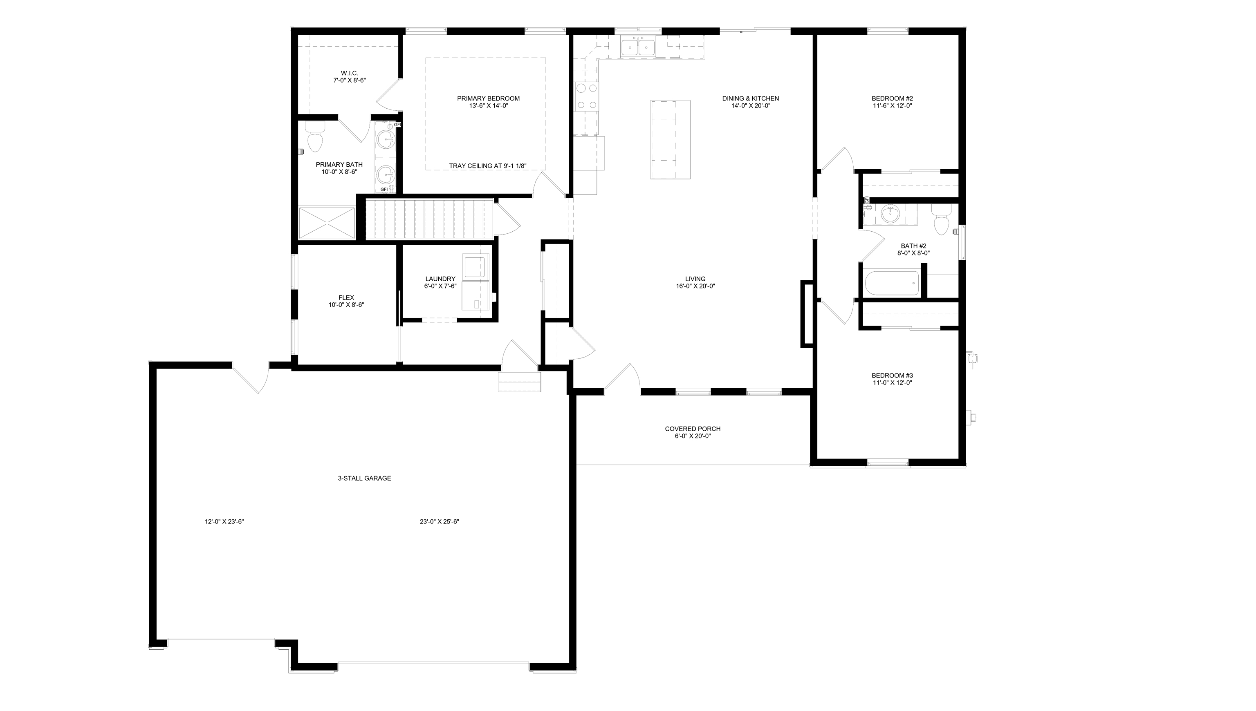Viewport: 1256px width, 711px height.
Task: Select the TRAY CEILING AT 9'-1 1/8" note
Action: point(487,166)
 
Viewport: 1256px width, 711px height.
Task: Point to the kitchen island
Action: point(670,140)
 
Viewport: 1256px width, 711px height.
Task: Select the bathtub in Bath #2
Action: point(892,283)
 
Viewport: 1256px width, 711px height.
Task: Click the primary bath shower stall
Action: point(326,223)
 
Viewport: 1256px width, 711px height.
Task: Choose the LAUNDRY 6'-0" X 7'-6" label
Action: point(440,283)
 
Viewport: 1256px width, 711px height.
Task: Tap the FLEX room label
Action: point(346,301)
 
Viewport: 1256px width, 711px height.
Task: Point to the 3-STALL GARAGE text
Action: point(364,478)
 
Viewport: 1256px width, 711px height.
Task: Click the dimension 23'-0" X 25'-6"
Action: point(439,521)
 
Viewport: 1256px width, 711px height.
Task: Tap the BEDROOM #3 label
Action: point(892,379)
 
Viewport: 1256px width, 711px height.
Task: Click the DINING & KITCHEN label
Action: point(750,102)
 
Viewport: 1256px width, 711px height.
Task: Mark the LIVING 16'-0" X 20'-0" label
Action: point(695,283)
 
